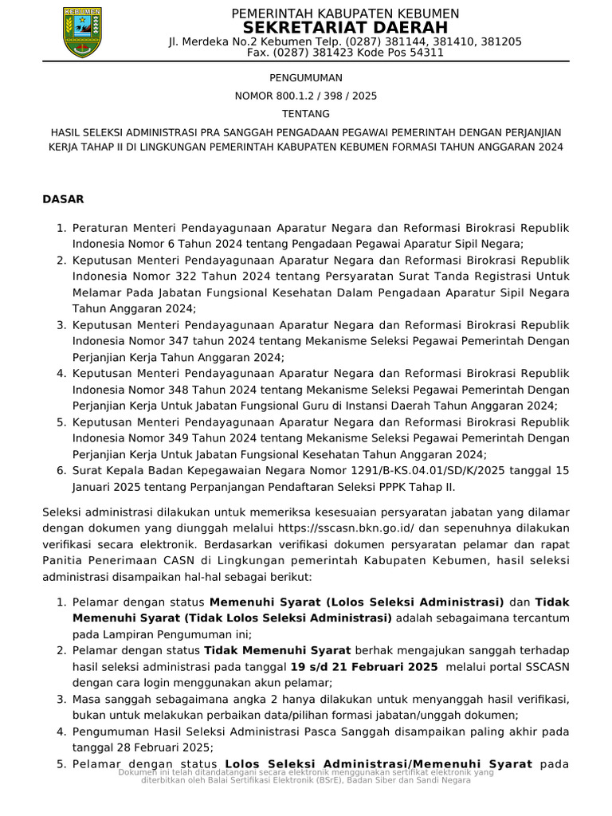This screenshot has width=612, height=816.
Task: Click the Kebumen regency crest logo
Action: click(82, 32)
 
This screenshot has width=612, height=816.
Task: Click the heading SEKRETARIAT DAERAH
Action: click(345, 28)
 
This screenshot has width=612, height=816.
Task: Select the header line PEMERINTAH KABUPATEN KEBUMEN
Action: click(345, 14)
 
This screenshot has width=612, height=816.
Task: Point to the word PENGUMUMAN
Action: click(305, 78)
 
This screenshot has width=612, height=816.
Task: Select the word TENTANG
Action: click(305, 114)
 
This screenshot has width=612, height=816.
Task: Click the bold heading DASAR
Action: click(63, 198)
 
